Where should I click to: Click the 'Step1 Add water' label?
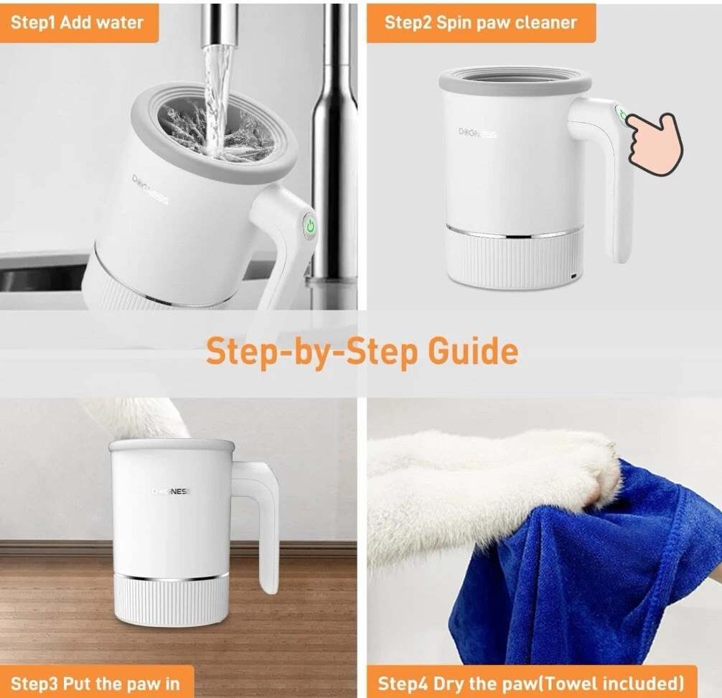tap(77, 22)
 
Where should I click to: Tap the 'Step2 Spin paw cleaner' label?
tap(481, 22)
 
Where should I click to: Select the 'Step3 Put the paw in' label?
tap(95, 683)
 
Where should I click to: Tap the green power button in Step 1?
tap(310, 226)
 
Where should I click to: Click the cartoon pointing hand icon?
tap(656, 143)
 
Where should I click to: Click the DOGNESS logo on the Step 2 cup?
tap(477, 133)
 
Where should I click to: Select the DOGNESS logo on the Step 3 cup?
tap(171, 492)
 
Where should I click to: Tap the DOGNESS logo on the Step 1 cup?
tap(151, 189)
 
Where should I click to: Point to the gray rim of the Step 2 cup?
tap(515, 82)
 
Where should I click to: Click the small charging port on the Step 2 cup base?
tap(573, 276)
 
